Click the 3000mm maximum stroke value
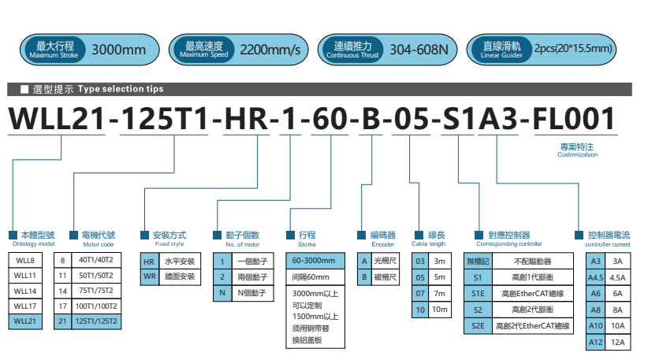coord(119,50)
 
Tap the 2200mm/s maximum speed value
coord(270,50)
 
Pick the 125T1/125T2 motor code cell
coord(98,321)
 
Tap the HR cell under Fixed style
coord(148,261)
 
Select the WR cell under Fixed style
coord(148,276)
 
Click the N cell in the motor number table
coord(223,292)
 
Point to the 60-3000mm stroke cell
coord(314,261)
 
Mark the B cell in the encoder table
coord(363,276)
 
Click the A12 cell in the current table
coord(596,342)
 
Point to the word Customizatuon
coord(577,155)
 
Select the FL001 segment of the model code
coord(574,118)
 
